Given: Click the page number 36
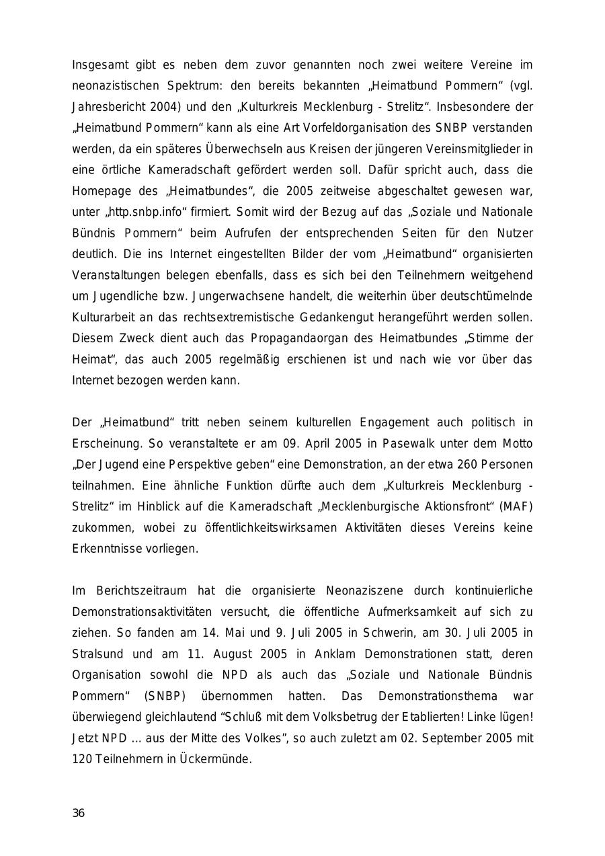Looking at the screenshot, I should point(79,813).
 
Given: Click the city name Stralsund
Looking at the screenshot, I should point(95,654).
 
